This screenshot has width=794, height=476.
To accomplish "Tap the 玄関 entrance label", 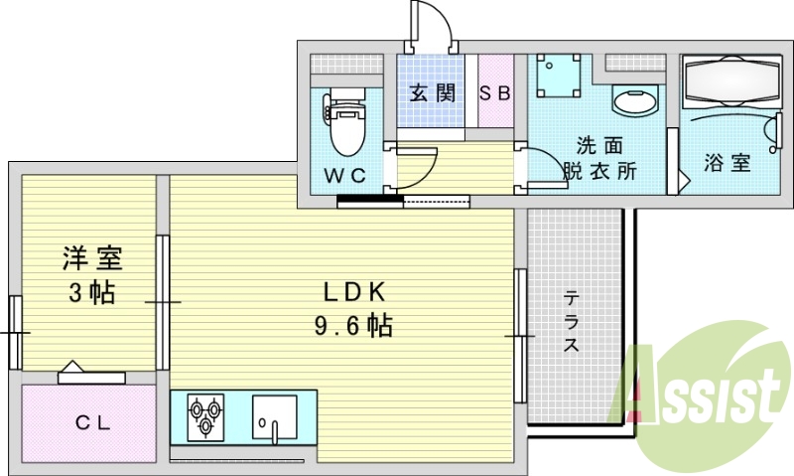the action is coord(432,93).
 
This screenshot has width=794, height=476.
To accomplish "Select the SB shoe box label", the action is coord(494,93).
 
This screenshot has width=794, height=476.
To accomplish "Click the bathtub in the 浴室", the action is coord(731,81).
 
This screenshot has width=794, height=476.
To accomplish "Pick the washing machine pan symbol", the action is coord(558,75).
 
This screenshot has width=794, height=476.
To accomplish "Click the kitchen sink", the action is coord(275,417).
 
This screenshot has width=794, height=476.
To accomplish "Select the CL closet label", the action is coord(92,422).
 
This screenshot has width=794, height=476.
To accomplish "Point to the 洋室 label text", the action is coord(92,258).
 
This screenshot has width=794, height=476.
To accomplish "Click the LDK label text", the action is coord(354,292).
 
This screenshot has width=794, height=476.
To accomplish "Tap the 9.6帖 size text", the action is coord(353,325).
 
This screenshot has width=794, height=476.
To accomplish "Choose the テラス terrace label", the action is coord(572,321).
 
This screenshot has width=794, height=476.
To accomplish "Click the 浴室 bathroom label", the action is coord(727,162).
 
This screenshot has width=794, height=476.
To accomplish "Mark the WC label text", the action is coord(344,176).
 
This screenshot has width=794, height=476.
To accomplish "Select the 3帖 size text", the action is coord(92,292).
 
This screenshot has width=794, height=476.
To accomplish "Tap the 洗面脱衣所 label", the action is coord(599,159).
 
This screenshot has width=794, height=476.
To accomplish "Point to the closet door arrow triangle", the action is coord(72,366).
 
